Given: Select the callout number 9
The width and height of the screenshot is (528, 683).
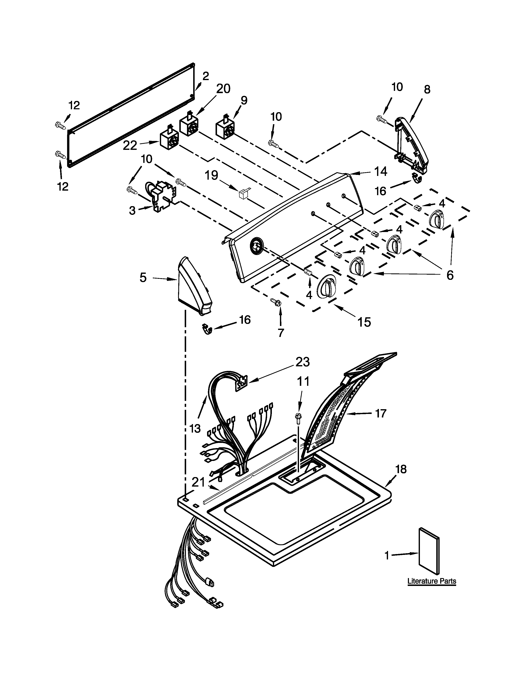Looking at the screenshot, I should (244, 100).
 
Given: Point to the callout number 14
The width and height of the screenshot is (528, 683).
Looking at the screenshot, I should (381, 171).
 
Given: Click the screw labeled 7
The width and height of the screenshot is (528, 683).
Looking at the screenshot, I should (276, 302).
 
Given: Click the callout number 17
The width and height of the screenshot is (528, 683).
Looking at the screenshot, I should (381, 414).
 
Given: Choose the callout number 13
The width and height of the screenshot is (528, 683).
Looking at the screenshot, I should (195, 428).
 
